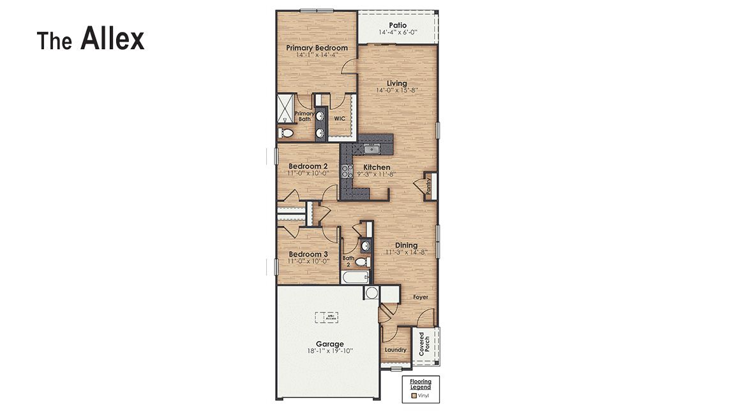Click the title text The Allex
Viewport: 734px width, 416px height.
pyautogui.click(x=91, y=40)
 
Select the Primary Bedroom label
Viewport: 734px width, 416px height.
pyautogui.click(x=317, y=48)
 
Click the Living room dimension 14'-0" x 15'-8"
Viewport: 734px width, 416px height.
pyautogui.click(x=396, y=91)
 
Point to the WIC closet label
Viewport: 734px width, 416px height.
pyautogui.click(x=340, y=118)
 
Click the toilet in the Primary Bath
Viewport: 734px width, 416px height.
pyautogui.click(x=286, y=133)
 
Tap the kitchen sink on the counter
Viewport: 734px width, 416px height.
pyautogui.click(x=371, y=150)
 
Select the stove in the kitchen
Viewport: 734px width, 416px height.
pyautogui.click(x=348, y=171)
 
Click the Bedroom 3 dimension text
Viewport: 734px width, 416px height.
pyautogui.click(x=308, y=261)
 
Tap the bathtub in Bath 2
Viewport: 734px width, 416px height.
pyautogui.click(x=356, y=277)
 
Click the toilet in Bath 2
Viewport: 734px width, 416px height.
pyautogui.click(x=361, y=262)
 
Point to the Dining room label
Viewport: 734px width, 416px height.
pyautogui.click(x=406, y=245)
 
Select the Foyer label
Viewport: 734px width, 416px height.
pyautogui.click(x=420, y=297)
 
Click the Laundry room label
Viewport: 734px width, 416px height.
pyautogui.click(x=396, y=350)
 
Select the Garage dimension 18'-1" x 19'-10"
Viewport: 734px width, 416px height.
pyautogui.click(x=329, y=351)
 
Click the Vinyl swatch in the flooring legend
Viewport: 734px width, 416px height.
pyautogui.click(x=414, y=396)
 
